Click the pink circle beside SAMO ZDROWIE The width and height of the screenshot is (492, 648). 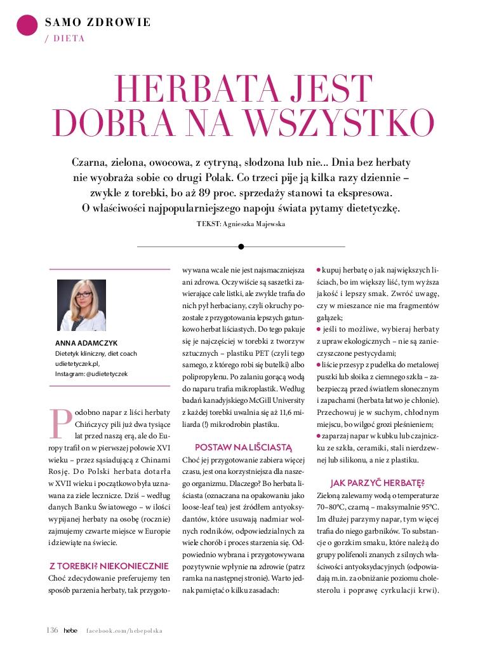pos(26,24)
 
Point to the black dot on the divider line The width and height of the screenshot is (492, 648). pos(241,246)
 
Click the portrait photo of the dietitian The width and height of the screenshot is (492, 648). pos(82,304)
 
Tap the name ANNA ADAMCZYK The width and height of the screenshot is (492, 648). pos(83,344)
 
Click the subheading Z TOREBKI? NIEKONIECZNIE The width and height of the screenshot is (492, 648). pos(109,565)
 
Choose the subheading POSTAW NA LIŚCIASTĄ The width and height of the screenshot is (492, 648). pos(243,447)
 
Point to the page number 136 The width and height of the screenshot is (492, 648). pos(52,630)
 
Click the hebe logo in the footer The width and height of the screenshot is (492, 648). pos(70,630)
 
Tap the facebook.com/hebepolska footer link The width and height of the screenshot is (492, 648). pos(124,631)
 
